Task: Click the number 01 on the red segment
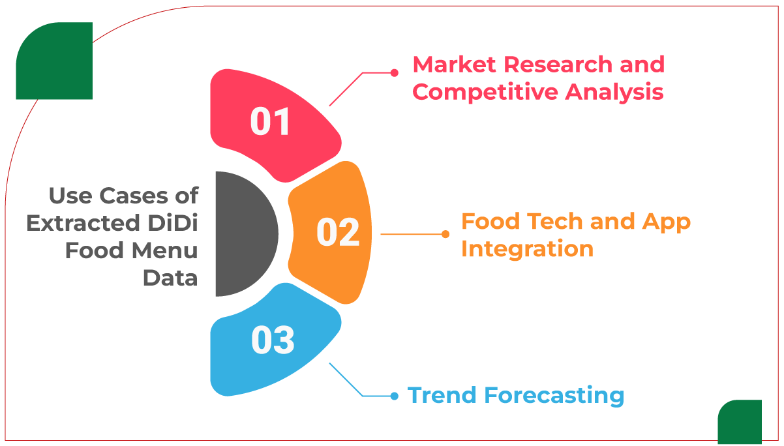pos(270,121)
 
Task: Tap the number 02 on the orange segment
pos(338,231)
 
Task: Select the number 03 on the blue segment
pos(273,340)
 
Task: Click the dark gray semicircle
pos(247,233)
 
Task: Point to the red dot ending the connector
pos(395,73)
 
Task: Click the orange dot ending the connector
pos(445,234)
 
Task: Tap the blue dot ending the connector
pos(395,396)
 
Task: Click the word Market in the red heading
pos(454,65)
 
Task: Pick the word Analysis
pos(614,93)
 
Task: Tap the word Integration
pos(528,248)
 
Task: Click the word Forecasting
pos(554,396)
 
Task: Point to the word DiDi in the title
pos(173,223)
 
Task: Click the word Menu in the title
pos(164,250)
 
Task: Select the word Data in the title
pos(170,278)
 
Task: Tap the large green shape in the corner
pos(54,61)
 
